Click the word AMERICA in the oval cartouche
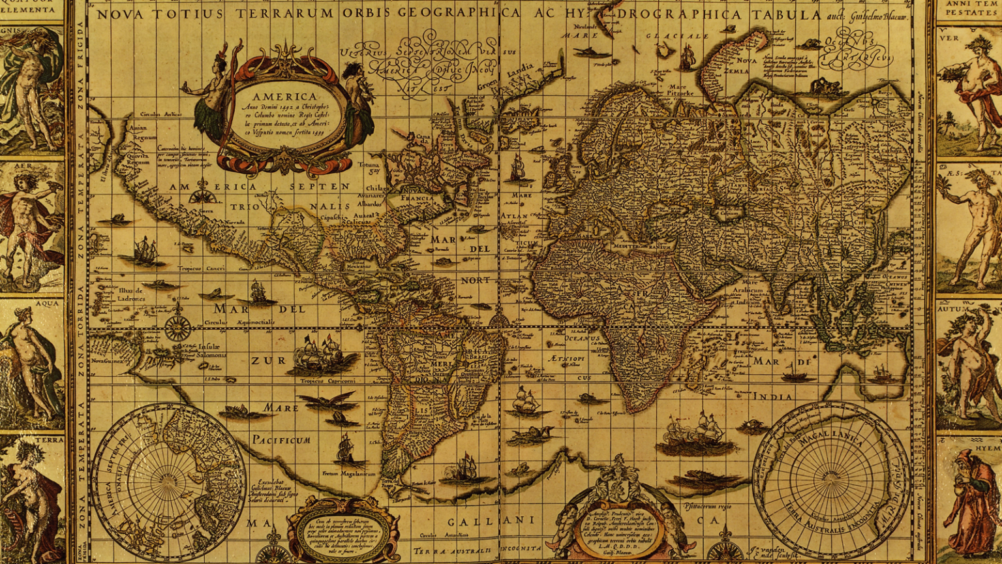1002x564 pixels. [x=284, y=97]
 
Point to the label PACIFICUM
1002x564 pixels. [x=281, y=440]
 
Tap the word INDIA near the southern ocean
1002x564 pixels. [x=773, y=396]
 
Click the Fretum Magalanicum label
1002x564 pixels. [x=348, y=473]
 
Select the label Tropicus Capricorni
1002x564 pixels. [x=328, y=381]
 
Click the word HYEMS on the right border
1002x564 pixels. [x=988, y=450]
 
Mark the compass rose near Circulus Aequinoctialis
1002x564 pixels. [x=177, y=327]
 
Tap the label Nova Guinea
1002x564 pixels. [x=106, y=360]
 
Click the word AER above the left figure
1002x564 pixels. [x=23, y=166]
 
